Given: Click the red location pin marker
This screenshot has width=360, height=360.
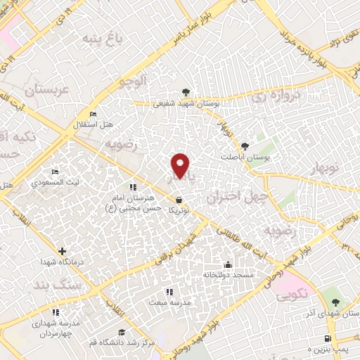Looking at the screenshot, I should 181,165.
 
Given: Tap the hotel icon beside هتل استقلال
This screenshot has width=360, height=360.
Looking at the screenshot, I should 93,115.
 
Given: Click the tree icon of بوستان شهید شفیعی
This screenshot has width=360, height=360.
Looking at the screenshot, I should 186,93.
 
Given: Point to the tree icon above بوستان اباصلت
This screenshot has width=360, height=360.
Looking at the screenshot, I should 245,146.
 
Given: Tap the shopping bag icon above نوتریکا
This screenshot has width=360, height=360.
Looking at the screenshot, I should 180,199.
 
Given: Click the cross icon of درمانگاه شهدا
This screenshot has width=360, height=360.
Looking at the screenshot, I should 63,250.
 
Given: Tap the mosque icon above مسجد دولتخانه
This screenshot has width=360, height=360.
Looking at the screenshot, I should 228,265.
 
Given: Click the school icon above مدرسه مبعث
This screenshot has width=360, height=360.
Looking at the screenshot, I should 169,291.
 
